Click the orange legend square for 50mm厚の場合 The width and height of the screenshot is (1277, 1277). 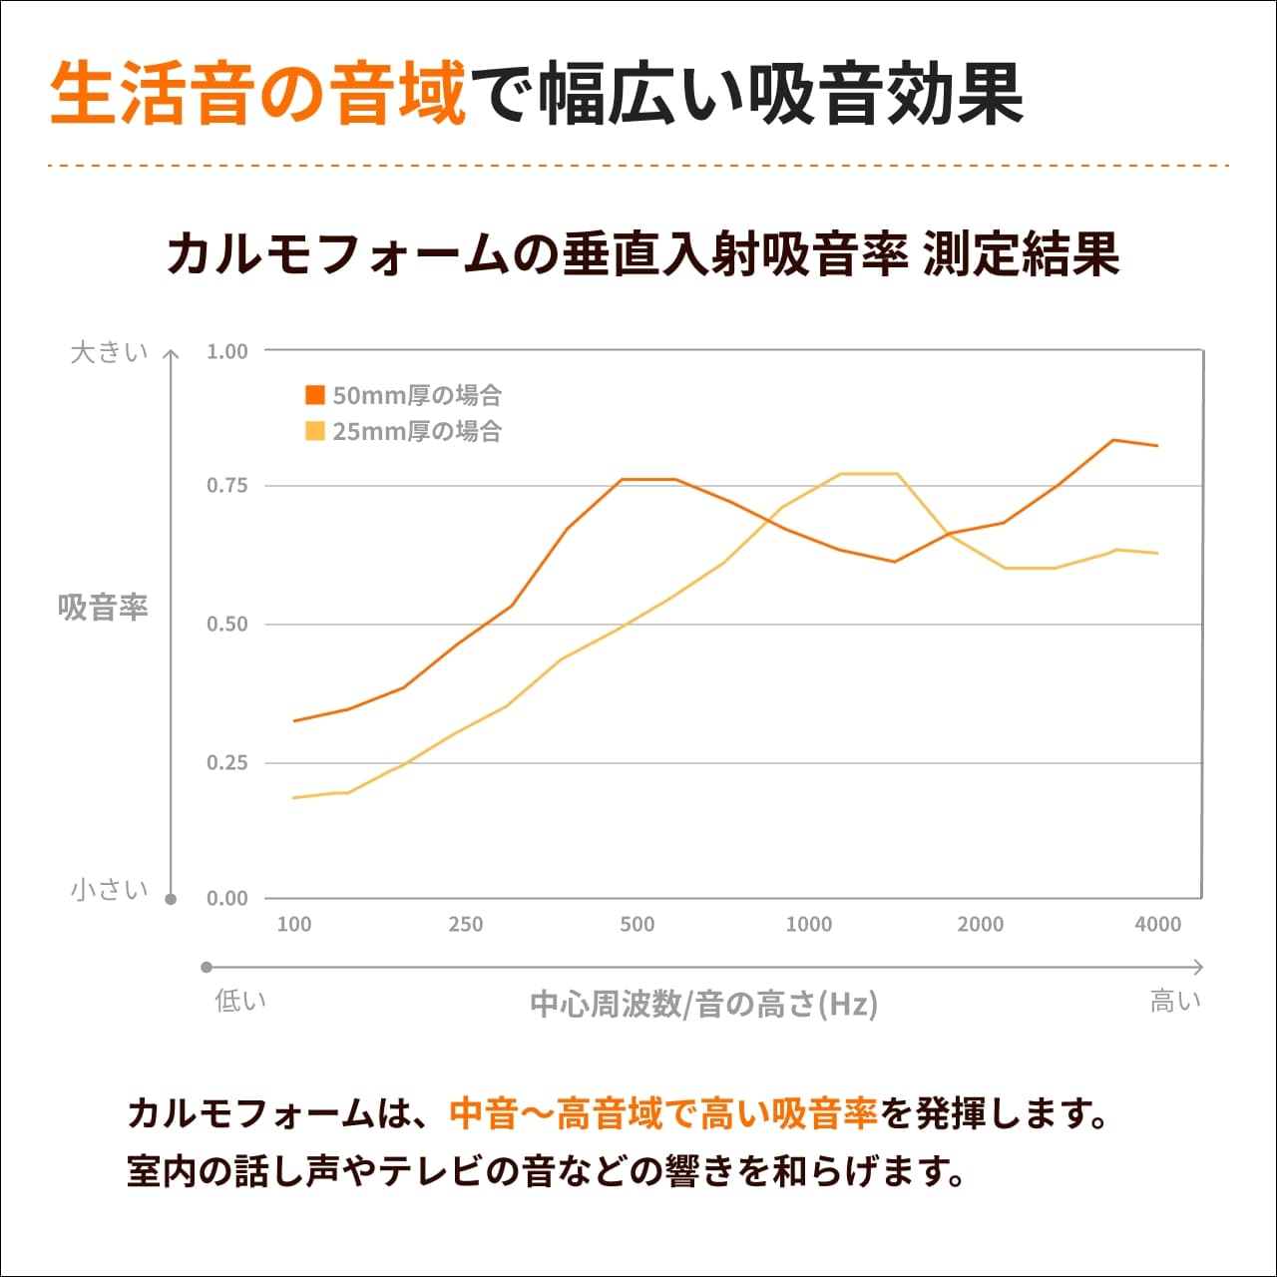[x=315, y=395]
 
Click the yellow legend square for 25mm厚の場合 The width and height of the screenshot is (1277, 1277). [x=315, y=431]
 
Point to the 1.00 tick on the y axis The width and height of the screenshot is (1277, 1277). [x=226, y=351]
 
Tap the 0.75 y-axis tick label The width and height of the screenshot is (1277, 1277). [x=226, y=486]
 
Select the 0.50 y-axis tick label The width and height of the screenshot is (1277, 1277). [x=226, y=625]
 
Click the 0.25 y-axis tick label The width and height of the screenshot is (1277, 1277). [x=226, y=763]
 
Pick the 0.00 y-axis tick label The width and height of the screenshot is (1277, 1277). [x=226, y=898]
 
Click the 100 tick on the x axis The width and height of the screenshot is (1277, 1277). [x=294, y=924]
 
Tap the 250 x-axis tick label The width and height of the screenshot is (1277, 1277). [x=466, y=924]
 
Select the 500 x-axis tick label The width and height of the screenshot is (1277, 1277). [x=638, y=924]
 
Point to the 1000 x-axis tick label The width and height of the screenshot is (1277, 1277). [x=809, y=924]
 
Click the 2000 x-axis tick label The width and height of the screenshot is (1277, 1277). [x=981, y=924]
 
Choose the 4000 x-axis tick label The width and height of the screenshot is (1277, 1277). [x=1157, y=924]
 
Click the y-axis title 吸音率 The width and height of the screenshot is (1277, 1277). [x=103, y=607]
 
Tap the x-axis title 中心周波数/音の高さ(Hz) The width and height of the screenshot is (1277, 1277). [x=703, y=1003]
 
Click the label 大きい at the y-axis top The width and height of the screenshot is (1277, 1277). [x=109, y=352]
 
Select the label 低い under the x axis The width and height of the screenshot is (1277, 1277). [x=240, y=1001]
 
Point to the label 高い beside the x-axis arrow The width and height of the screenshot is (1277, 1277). [x=1175, y=1001]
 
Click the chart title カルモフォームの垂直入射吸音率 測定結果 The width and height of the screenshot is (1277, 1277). [x=643, y=254]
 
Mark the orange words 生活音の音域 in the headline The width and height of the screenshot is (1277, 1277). [x=258, y=95]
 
